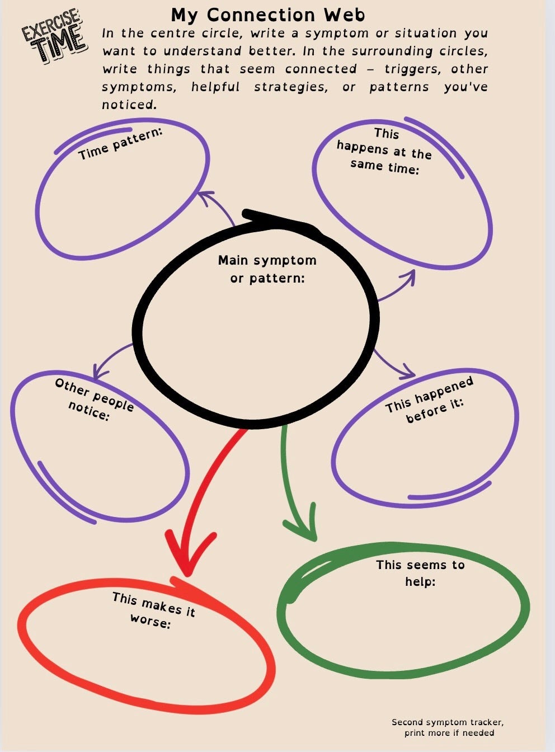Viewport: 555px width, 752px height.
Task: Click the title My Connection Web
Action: (x=268, y=15)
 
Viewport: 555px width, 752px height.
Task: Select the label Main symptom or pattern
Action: (x=267, y=269)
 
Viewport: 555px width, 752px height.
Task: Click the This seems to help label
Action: (x=420, y=573)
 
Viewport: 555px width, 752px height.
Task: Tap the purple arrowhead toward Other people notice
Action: (x=100, y=370)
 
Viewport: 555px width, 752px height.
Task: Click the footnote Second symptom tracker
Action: (x=448, y=727)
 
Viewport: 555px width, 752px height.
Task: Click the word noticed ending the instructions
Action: (x=129, y=105)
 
